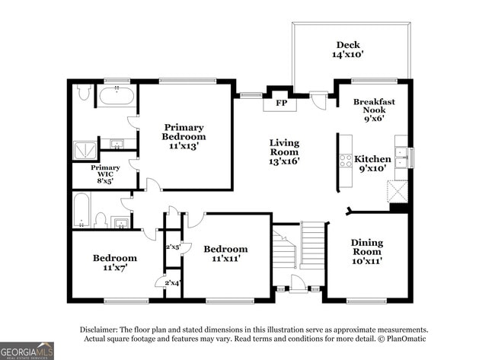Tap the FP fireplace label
point(281,103)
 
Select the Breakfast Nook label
point(374,110)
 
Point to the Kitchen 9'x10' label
point(373,164)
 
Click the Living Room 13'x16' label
point(285,151)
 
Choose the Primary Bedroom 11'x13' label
point(184,136)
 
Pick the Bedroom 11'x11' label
point(225,253)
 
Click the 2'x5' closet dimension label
point(173,247)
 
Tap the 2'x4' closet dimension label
point(173,283)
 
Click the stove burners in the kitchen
point(345,161)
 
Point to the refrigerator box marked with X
point(398,190)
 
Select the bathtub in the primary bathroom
point(117,97)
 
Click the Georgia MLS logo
point(27,350)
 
